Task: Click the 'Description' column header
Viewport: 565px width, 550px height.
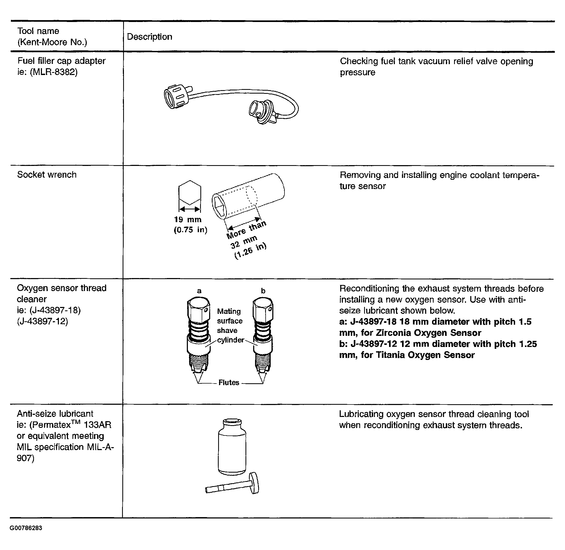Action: [x=149, y=37]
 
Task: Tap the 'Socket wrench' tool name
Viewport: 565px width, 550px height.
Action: [x=47, y=174]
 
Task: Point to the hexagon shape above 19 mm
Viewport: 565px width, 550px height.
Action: [x=190, y=192]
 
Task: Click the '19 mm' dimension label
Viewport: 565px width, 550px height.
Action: [x=188, y=219]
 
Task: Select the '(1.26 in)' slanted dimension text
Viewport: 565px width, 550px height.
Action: [x=251, y=251]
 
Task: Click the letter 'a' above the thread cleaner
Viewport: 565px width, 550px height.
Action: [x=199, y=291]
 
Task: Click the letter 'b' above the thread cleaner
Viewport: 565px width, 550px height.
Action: [x=263, y=291]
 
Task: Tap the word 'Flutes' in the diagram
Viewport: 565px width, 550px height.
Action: [x=229, y=382]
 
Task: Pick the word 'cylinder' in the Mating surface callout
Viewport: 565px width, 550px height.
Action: [x=230, y=340]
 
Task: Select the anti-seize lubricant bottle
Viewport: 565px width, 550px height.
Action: [x=232, y=447]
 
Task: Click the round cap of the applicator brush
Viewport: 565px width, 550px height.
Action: [x=255, y=483]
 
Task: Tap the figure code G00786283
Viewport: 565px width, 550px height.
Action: [x=26, y=528]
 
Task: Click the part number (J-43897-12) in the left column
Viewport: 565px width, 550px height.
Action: [x=42, y=321]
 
